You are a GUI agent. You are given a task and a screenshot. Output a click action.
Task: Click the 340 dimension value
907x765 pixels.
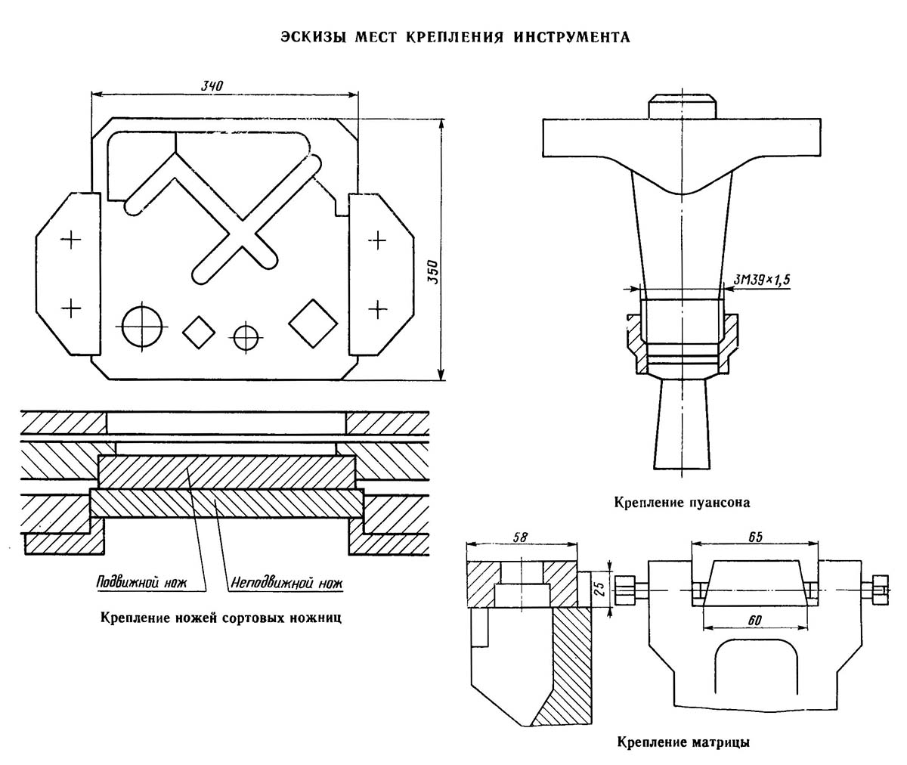point(212,85)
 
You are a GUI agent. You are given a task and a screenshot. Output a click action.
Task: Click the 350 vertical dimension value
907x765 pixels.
point(433,272)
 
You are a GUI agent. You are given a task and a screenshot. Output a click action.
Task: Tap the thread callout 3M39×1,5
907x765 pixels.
point(761,280)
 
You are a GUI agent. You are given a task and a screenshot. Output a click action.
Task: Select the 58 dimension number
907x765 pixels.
point(520,537)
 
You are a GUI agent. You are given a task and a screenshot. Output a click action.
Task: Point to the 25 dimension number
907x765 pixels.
point(599,589)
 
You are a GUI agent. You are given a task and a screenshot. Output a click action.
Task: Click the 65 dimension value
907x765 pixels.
point(755,537)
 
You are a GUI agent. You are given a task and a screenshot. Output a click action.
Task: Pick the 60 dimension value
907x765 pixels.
point(754,621)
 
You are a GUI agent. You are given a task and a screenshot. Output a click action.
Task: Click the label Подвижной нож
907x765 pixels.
point(141,583)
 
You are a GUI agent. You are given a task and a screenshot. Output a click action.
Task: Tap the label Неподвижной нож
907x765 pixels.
point(286,583)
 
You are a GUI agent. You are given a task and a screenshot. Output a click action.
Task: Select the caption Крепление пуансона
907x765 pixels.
point(682,503)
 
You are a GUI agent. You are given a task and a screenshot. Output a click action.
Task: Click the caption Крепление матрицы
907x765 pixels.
point(683,742)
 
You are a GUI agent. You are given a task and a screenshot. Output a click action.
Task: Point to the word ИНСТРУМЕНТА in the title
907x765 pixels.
point(572,37)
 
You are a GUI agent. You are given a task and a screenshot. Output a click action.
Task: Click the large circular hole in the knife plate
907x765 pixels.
point(142,327)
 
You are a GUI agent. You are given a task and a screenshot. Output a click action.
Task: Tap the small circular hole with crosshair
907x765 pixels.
point(246,337)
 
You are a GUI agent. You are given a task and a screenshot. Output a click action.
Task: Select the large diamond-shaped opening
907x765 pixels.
point(313,324)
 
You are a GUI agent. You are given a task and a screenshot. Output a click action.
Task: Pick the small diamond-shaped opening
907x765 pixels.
point(199,332)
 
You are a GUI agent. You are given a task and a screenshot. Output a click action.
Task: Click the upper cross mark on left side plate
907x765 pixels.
point(71,240)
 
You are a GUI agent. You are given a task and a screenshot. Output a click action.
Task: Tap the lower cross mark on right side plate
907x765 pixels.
point(378,310)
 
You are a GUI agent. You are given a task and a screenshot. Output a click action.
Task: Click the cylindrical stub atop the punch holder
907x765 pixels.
point(682,107)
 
